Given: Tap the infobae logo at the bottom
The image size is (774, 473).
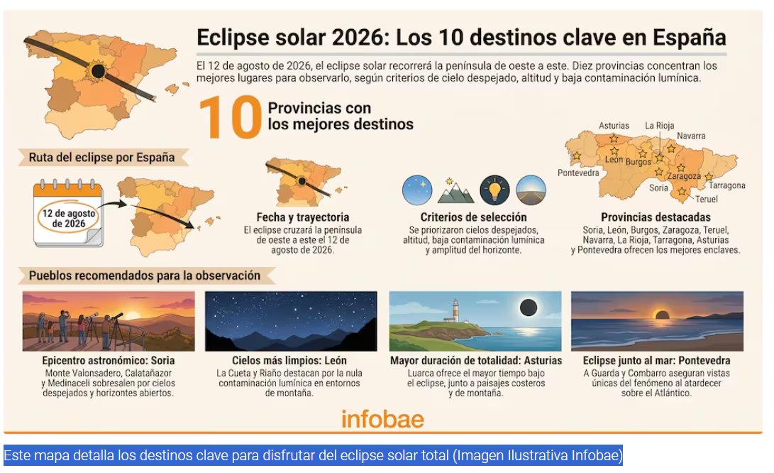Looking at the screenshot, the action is click(x=382, y=419).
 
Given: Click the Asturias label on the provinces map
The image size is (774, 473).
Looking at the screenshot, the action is click(x=614, y=126).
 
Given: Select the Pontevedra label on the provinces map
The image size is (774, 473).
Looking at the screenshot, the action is click(x=578, y=173).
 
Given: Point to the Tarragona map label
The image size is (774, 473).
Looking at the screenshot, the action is click(x=726, y=185).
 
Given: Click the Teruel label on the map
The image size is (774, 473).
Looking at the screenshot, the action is click(x=707, y=199).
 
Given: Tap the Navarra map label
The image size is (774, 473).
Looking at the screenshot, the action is click(x=690, y=136).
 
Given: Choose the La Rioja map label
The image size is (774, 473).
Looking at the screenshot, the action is click(x=659, y=126).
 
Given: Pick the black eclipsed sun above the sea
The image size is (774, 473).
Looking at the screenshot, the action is click(x=528, y=308).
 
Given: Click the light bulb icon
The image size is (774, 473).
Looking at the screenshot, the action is click(x=494, y=190).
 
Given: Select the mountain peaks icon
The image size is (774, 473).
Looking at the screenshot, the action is click(x=455, y=191).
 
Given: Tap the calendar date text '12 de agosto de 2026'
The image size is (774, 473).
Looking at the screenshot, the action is click(x=69, y=219).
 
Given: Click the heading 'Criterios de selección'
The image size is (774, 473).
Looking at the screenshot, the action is click(x=473, y=217).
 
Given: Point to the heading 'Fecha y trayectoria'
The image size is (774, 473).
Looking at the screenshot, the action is click(x=303, y=217).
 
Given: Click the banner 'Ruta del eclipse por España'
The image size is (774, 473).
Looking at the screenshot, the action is click(x=101, y=157).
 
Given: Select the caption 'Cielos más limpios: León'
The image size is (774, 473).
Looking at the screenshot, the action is click(x=289, y=360).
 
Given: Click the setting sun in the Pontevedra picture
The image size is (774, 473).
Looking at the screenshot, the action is click(x=660, y=315).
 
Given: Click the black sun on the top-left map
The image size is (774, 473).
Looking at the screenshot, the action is click(x=98, y=71).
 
